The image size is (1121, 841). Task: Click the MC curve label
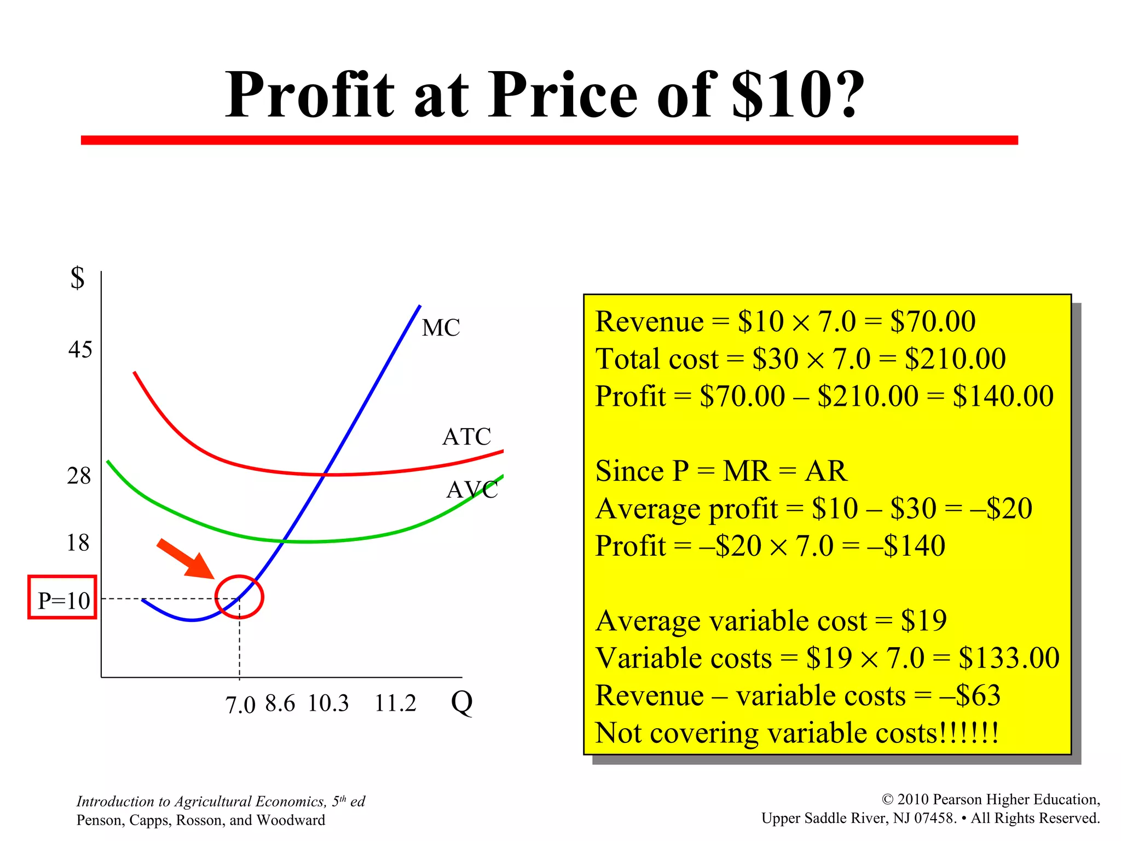click(x=441, y=328)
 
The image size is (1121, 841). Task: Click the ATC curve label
click(x=466, y=437)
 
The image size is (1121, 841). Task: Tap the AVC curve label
click(x=472, y=489)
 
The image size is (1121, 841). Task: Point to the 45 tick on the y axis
click(x=80, y=349)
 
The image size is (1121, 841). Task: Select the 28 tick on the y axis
click(x=79, y=476)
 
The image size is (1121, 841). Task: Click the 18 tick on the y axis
click(x=78, y=543)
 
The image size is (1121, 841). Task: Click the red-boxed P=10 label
click(x=63, y=600)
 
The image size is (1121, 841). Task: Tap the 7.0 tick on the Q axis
click(x=240, y=705)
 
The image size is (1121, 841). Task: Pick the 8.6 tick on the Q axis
click(x=280, y=704)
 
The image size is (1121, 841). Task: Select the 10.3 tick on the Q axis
click(x=328, y=704)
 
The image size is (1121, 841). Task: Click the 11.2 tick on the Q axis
click(x=395, y=704)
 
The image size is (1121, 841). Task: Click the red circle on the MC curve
click(x=239, y=597)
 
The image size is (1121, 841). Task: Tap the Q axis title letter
click(x=461, y=702)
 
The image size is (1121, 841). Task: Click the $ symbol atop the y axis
click(x=78, y=278)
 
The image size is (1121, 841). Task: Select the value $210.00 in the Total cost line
click(x=955, y=359)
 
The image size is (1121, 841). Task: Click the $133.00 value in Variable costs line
click(x=1009, y=658)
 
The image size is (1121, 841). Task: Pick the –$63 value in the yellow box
click(x=970, y=695)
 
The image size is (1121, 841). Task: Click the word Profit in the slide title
click(x=310, y=95)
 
